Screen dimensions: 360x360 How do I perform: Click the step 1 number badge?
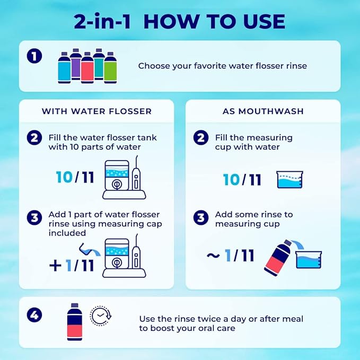point(34,56)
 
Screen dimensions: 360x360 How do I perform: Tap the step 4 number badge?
point(34,314)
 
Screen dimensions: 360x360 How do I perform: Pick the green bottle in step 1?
point(110,68)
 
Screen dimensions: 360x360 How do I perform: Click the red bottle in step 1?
point(87,68)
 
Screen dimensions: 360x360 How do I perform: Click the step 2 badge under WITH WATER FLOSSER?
point(34,138)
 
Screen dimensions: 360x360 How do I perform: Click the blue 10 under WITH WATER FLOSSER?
point(64,177)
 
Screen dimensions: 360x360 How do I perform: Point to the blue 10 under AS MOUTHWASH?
point(231,180)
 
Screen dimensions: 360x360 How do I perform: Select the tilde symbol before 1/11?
point(213,256)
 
